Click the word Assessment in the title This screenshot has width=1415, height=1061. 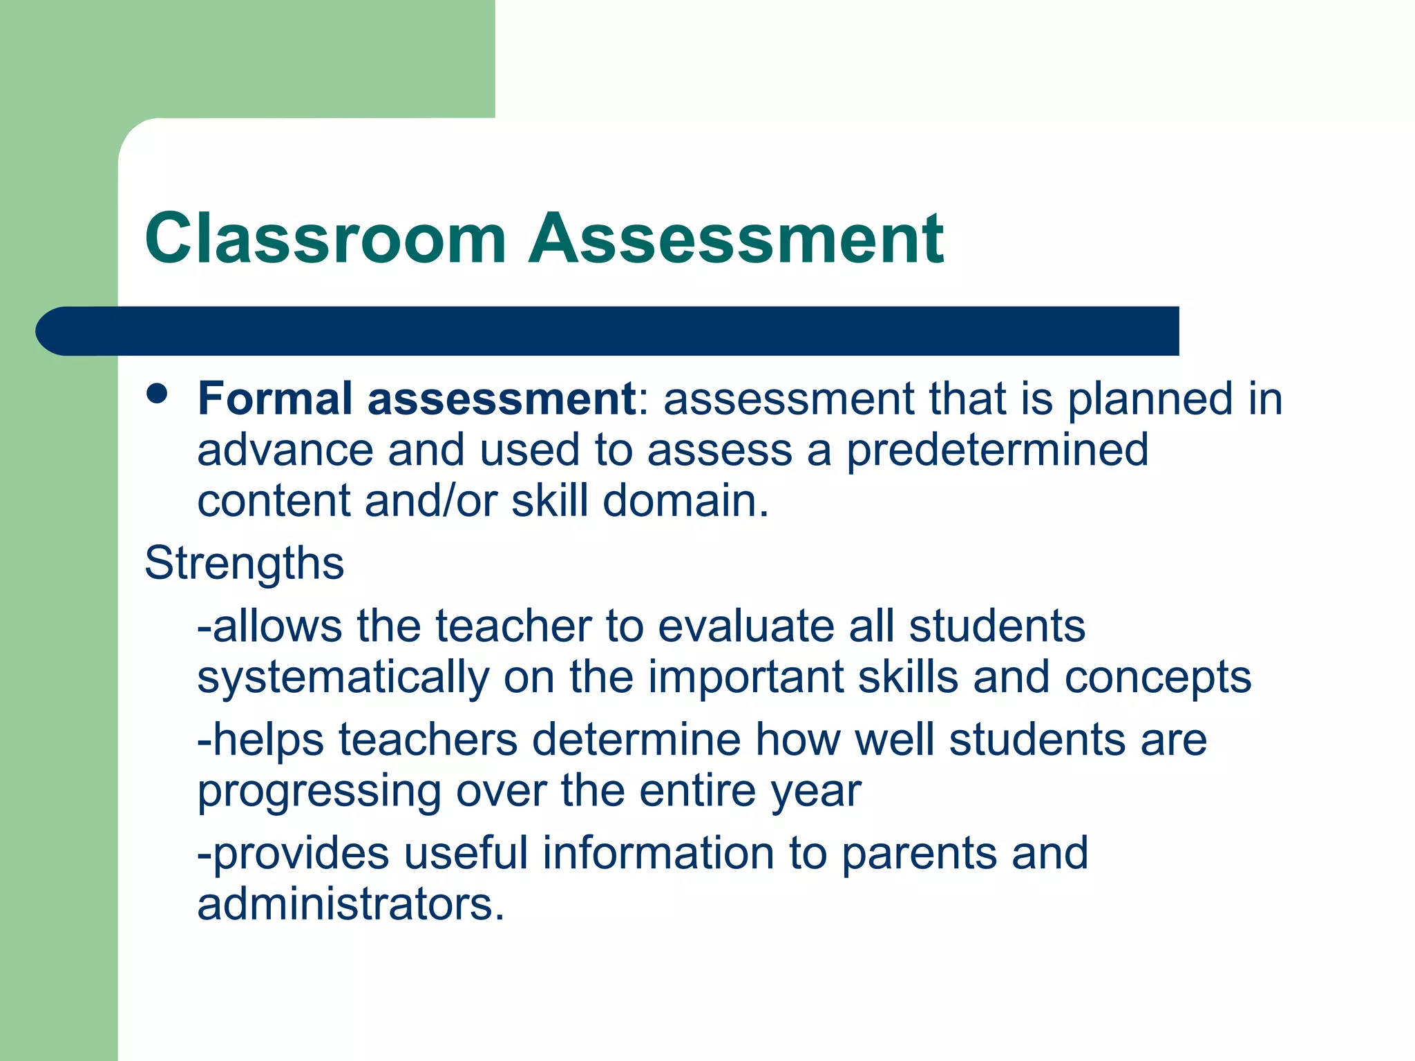736,238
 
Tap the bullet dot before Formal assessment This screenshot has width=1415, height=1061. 158,394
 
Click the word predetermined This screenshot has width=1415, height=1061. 997,450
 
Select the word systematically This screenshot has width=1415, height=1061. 343,678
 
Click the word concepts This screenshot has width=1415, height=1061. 1157,678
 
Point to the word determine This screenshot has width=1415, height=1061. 636,740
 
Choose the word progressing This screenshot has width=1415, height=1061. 319,792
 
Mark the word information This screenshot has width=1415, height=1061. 658,853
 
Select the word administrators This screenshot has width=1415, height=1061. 350,904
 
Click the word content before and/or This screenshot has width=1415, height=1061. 274,501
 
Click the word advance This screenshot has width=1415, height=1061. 285,450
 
